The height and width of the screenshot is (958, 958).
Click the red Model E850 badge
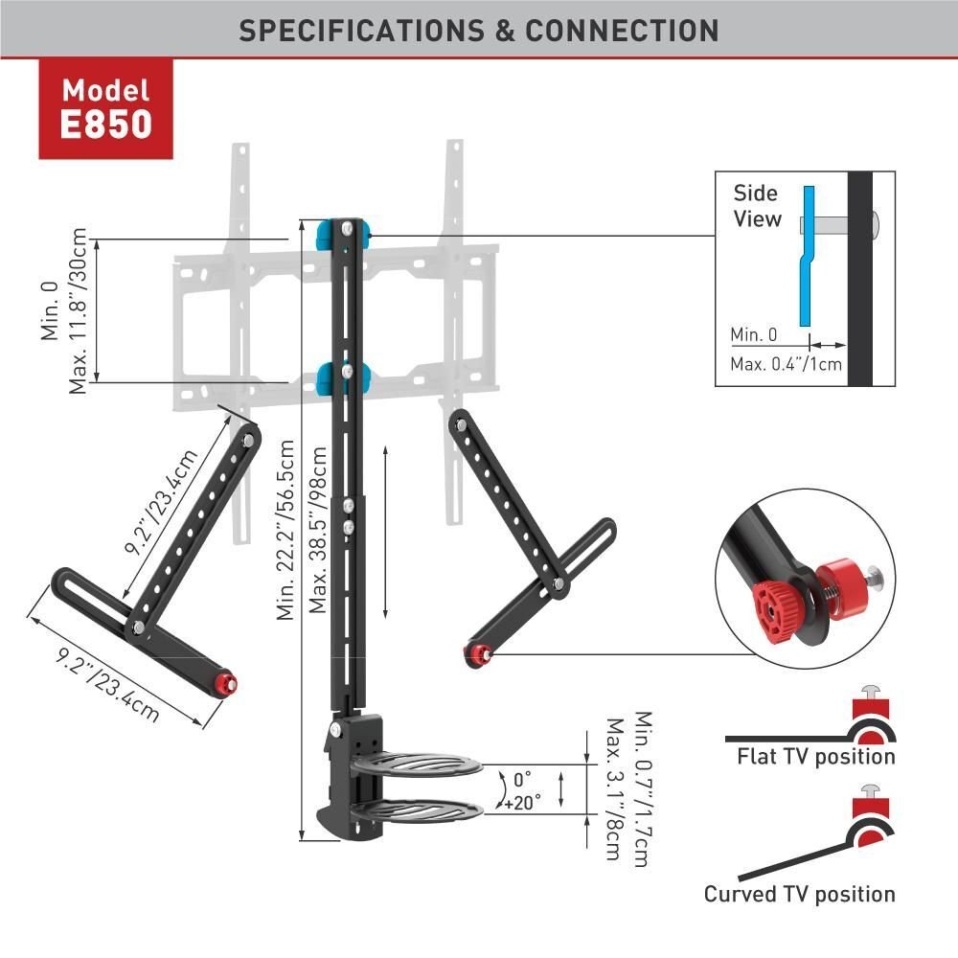point(105,109)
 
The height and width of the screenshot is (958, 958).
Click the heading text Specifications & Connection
point(478,31)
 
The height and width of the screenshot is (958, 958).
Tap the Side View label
point(757,206)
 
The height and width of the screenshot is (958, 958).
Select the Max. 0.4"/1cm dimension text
point(786,364)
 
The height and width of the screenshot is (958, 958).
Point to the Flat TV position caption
point(815,757)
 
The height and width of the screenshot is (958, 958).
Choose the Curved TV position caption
point(799,894)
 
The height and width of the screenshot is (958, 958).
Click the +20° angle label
point(522,802)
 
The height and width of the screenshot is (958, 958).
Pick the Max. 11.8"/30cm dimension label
point(78,310)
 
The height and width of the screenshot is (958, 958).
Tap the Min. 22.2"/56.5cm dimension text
point(285,530)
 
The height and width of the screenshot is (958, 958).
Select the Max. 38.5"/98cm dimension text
point(318,530)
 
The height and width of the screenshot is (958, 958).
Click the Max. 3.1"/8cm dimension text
point(614,789)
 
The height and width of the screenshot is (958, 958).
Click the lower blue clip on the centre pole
point(343,378)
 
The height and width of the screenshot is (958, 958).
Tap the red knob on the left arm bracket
point(227,682)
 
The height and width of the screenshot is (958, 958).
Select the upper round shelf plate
point(417,764)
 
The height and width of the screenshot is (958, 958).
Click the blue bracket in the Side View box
point(807,256)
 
